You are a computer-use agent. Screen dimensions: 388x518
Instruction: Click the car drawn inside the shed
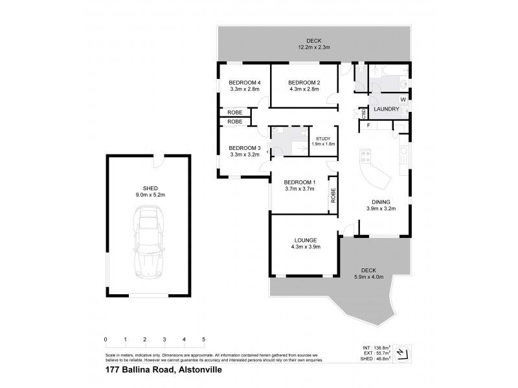(148, 242)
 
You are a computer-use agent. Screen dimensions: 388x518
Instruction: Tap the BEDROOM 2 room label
(304, 82)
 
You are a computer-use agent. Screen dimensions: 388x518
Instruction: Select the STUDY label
(323, 138)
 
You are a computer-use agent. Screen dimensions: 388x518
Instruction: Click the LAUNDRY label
(386, 109)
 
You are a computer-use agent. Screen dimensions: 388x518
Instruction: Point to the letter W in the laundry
(402, 100)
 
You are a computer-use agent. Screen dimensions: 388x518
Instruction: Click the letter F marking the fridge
(368, 124)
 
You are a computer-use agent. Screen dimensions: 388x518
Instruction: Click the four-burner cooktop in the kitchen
(365, 156)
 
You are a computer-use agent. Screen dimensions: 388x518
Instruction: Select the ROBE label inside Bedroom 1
(333, 195)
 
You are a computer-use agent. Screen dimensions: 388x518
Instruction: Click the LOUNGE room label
(304, 240)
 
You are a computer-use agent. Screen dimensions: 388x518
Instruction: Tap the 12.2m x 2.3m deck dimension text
(314, 47)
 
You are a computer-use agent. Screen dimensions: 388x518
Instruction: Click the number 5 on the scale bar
(204, 339)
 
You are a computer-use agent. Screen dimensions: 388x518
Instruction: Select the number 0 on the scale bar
(105, 339)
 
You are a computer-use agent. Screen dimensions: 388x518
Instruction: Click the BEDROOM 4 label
(244, 82)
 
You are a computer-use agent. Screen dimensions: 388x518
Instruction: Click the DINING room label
(381, 201)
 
